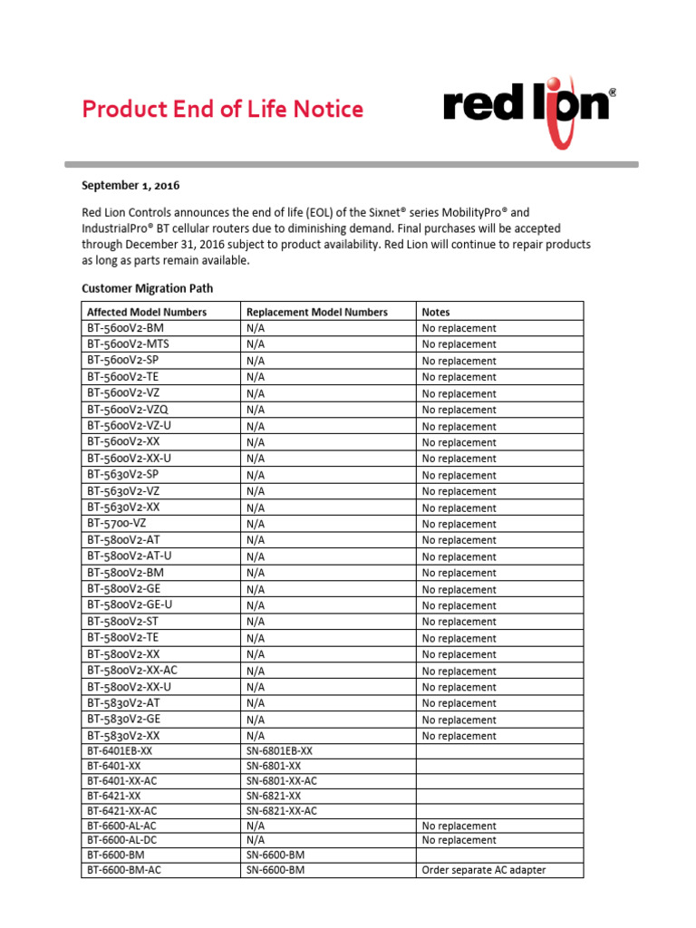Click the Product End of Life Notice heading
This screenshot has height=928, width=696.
(x=222, y=110)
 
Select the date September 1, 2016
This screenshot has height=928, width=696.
(x=130, y=186)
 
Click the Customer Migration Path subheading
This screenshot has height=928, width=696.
(x=148, y=289)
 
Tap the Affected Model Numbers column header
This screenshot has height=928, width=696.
(x=147, y=312)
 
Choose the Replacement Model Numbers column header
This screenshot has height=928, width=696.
(x=316, y=312)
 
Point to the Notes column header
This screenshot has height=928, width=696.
(x=436, y=312)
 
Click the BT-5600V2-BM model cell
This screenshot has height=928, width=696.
(x=126, y=328)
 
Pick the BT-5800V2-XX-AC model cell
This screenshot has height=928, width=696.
(x=132, y=671)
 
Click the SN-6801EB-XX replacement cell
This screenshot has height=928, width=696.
(x=279, y=751)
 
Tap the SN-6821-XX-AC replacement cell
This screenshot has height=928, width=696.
(x=282, y=811)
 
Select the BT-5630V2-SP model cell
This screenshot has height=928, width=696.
(x=123, y=475)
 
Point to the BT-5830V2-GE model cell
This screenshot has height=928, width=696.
(x=123, y=720)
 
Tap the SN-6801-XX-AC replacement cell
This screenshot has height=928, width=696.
(x=282, y=780)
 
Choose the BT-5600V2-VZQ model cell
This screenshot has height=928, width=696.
(x=128, y=410)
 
